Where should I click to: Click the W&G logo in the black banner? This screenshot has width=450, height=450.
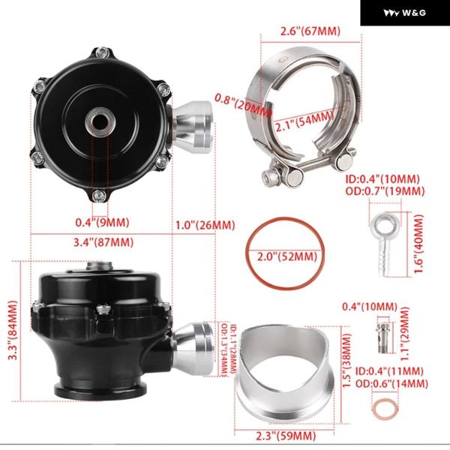405,13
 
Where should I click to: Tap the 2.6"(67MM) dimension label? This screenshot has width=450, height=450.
310,31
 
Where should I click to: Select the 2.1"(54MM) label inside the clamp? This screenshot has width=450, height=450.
304,121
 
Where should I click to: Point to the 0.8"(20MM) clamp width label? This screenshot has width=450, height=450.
243,106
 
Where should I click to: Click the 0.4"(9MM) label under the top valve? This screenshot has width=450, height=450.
102,223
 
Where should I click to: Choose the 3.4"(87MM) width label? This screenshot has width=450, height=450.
103,242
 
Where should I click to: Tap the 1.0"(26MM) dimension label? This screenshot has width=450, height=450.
205,225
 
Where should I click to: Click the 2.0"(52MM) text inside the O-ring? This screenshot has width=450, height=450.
287,256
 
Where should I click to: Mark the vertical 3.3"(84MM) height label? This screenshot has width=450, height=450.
13,330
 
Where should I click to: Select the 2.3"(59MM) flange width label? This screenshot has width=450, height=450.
286,436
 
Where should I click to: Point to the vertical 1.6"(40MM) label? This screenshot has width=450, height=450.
418,244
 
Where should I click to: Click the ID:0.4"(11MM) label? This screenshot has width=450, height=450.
389,371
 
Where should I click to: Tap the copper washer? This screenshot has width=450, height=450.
385,409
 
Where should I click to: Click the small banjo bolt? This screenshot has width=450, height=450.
382,337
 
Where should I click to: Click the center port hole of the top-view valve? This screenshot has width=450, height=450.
100,122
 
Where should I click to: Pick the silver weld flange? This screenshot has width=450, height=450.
285,376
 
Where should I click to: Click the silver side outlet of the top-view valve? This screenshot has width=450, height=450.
193,127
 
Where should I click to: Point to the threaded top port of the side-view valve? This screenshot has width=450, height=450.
99,265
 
